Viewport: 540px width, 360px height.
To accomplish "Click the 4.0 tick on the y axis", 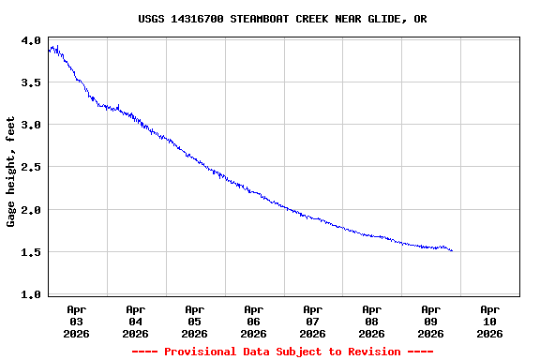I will [31, 41].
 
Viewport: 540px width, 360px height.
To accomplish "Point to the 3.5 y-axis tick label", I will [31, 83].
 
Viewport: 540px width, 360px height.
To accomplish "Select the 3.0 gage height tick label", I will [31, 126].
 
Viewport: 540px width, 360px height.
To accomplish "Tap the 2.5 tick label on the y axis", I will [31, 168].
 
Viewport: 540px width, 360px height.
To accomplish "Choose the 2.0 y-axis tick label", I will [31, 210].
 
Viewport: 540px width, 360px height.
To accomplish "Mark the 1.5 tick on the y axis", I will [31, 252].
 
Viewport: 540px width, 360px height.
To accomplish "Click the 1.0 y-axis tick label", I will [31, 295].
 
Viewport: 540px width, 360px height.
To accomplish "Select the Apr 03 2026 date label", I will [77, 321].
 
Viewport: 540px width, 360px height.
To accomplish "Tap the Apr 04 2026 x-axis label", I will [136, 321].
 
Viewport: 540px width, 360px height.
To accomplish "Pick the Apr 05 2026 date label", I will [195, 321].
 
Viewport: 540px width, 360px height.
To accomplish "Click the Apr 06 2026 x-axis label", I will [254, 321].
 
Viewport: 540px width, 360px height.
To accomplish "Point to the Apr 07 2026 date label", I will [313, 321].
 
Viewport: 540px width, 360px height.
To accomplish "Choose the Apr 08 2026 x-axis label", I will [372, 321].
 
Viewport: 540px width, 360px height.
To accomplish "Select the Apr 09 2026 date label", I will [431, 321].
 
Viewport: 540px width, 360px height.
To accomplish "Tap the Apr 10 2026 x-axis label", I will [490, 321].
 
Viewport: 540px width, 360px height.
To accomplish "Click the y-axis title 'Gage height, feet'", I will [11, 172].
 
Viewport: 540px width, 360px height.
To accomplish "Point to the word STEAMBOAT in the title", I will [263, 19].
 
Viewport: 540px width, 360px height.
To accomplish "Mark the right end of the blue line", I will [452, 250].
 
